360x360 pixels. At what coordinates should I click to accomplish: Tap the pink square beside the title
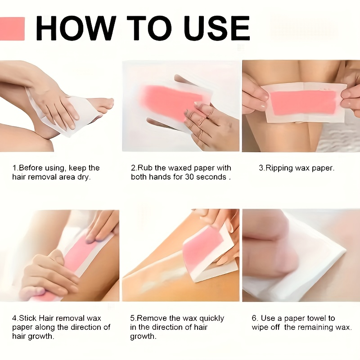(12, 29)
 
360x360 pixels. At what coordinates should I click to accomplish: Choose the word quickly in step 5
(211, 319)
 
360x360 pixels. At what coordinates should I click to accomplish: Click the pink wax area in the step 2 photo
(170, 101)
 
